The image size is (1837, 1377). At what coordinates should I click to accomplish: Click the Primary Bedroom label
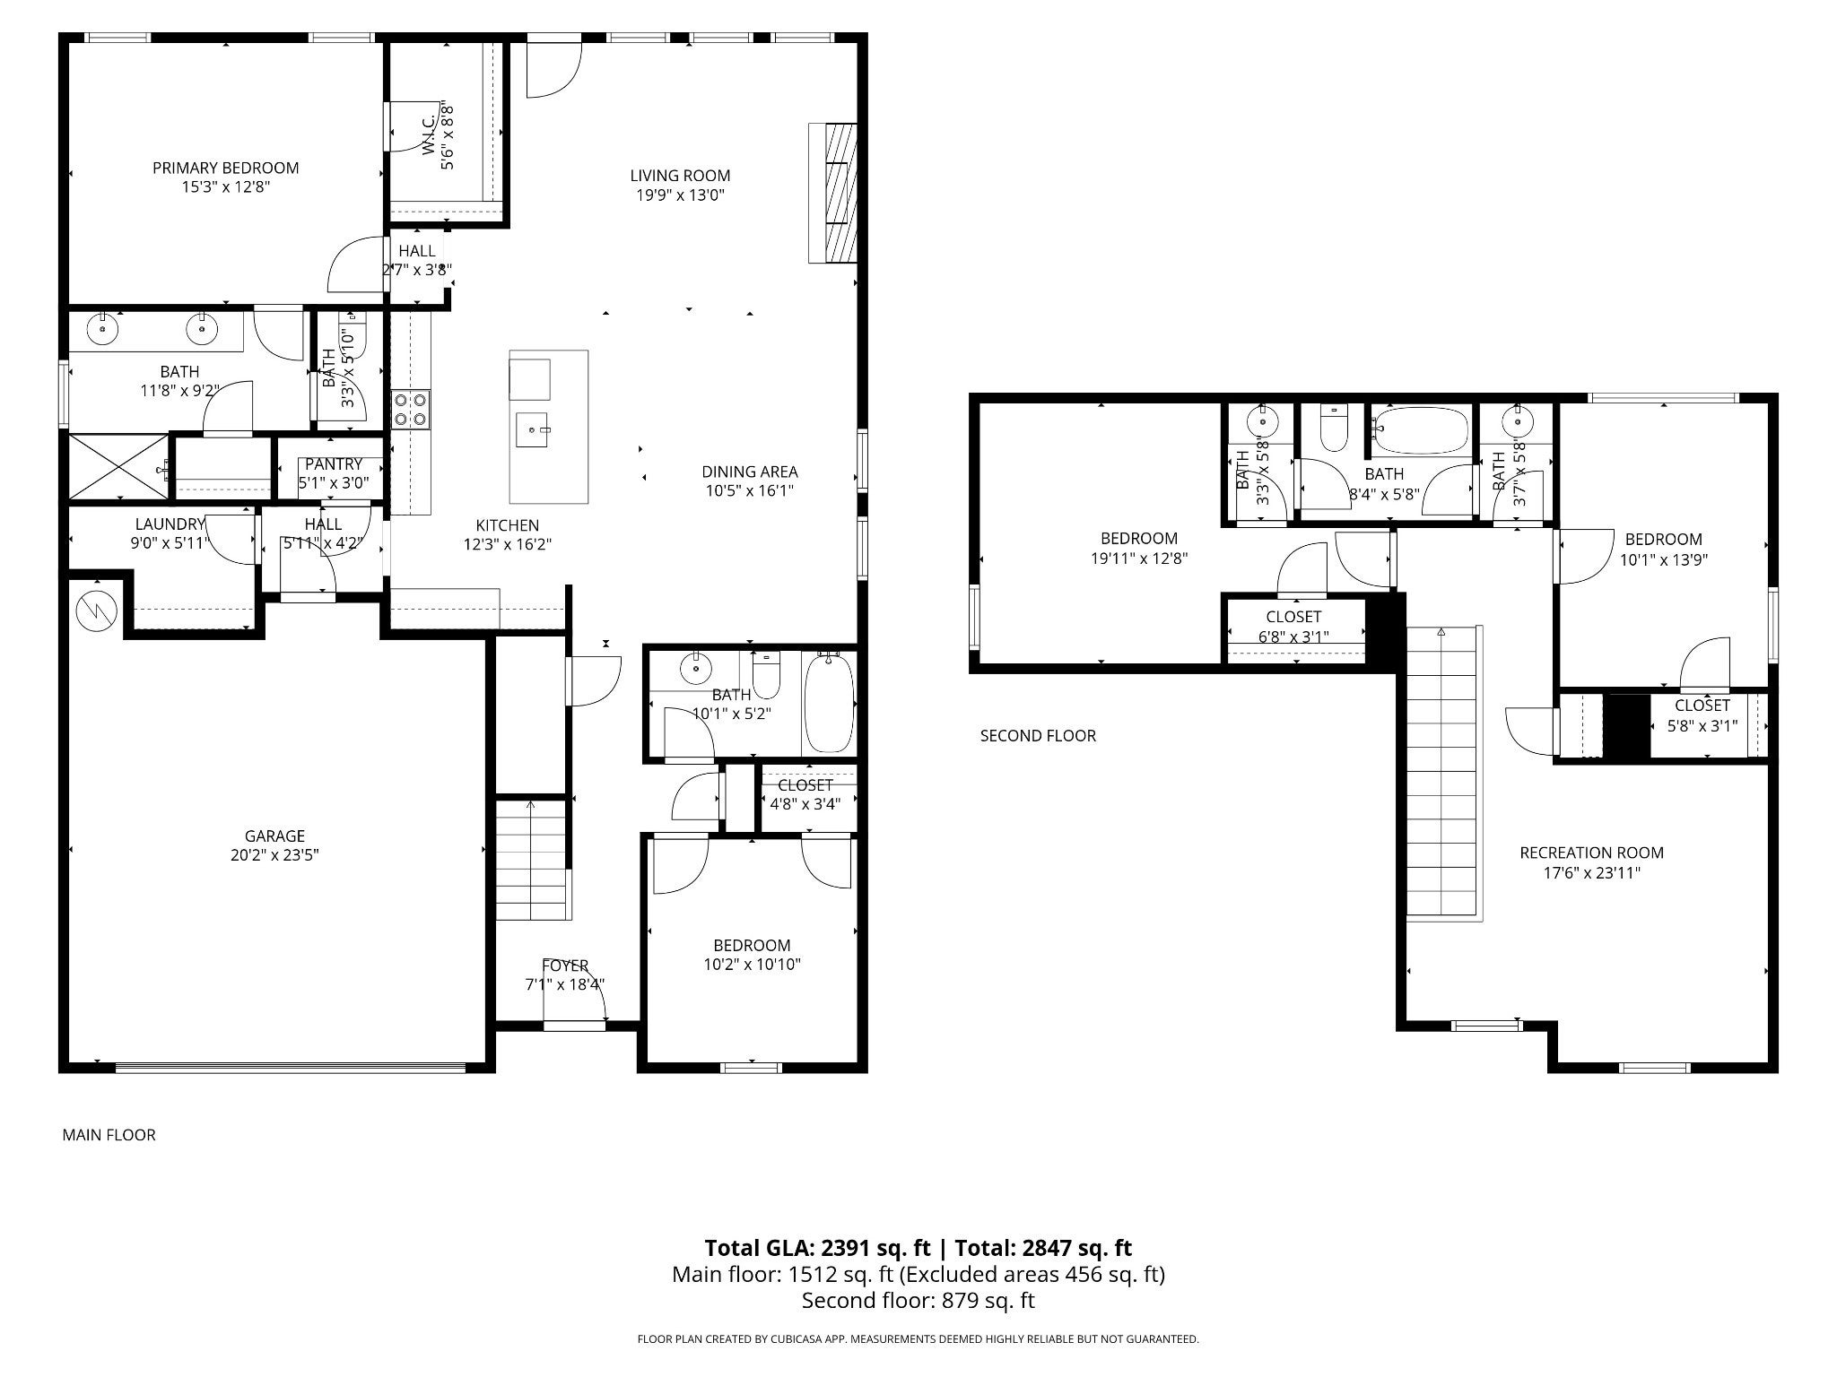click(x=225, y=168)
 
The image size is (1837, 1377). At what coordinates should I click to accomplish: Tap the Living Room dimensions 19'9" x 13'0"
click(x=680, y=195)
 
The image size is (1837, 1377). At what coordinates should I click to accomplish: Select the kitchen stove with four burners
click(x=411, y=410)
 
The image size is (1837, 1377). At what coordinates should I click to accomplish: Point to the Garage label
click(x=274, y=836)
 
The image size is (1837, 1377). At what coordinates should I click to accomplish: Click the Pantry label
click(x=333, y=464)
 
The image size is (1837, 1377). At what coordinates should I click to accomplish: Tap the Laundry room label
click(x=170, y=524)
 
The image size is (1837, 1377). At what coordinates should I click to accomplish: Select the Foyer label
click(x=565, y=966)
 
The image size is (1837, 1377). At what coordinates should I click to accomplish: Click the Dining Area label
click(x=749, y=472)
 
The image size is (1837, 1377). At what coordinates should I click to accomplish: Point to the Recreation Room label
click(x=1591, y=853)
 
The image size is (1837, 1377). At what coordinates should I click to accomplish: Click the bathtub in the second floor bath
click(x=1421, y=431)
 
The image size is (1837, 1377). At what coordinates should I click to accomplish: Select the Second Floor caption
click(x=1038, y=736)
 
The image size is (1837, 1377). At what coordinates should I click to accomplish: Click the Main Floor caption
click(x=109, y=1135)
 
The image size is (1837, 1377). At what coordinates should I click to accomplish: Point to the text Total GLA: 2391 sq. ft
click(x=817, y=1248)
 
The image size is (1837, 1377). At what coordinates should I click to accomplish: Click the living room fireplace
click(x=833, y=193)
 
